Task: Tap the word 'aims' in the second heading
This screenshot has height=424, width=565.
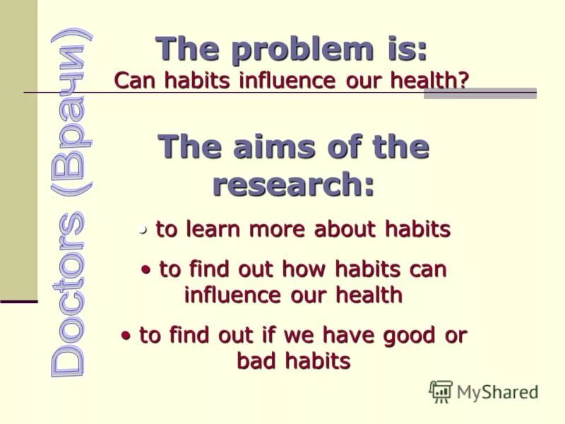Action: [263, 148]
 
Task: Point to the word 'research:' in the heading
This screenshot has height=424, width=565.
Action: [293, 185]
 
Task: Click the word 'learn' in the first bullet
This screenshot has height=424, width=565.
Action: [211, 230]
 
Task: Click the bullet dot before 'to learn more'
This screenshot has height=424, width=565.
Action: [143, 229]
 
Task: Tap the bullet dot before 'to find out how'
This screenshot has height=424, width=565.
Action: [146, 269]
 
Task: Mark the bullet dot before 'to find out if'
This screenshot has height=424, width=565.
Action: [126, 335]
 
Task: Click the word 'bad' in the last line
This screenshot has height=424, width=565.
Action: [256, 361]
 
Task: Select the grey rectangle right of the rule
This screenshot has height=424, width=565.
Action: [480, 93]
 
